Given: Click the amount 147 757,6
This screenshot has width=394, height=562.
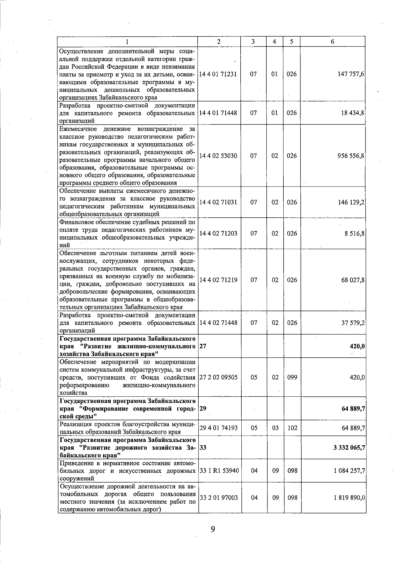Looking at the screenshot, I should coord(351,74).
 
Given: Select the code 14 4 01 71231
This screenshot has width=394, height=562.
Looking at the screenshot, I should coord(218,74).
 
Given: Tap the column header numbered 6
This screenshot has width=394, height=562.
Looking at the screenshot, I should coord(333,42).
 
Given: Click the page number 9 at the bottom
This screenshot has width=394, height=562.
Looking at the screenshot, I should coord(213,529).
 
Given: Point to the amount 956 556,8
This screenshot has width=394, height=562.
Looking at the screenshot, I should coord(351,156).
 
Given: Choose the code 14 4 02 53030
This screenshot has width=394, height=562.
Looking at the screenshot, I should coord(218,156).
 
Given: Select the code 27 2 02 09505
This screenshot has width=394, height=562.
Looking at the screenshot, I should coord(218,377).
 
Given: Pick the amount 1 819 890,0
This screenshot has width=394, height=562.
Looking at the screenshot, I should coord(349,497).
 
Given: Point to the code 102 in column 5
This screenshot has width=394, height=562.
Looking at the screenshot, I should coord(292,428).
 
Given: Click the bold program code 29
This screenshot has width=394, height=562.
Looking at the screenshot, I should coord(203,409).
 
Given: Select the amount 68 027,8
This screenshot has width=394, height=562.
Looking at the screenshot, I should coord(353,280).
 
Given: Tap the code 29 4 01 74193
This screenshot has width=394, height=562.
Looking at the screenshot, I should coord(218,428).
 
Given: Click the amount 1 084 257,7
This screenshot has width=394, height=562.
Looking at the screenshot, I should coord(349,471).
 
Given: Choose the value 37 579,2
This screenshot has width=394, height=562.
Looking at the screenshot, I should coord(353,323).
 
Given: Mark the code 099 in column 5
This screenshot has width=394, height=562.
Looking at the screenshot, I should coord(292,377).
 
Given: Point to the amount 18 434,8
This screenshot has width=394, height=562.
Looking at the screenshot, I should coord(353,113).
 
